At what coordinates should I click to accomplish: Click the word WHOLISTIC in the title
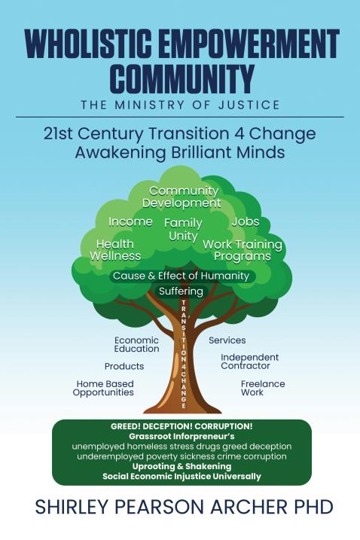click(88, 44)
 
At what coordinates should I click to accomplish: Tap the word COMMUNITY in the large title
click(185, 77)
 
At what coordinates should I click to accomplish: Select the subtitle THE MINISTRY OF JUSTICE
click(180, 105)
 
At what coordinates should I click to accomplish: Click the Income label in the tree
click(130, 221)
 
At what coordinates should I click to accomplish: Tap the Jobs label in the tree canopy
click(246, 221)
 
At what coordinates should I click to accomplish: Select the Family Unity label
click(183, 230)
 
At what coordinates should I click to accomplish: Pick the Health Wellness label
click(115, 250)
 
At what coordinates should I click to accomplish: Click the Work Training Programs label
click(243, 250)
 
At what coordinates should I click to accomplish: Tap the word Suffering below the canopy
click(181, 291)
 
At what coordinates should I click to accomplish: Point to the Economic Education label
click(137, 344)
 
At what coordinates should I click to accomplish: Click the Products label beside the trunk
click(124, 366)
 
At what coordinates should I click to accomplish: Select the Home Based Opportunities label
click(103, 388)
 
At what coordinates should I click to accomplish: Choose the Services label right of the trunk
click(227, 340)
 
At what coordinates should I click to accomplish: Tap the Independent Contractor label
click(250, 362)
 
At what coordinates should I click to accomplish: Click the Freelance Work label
click(263, 388)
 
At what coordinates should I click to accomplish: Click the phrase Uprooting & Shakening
click(182, 466)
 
